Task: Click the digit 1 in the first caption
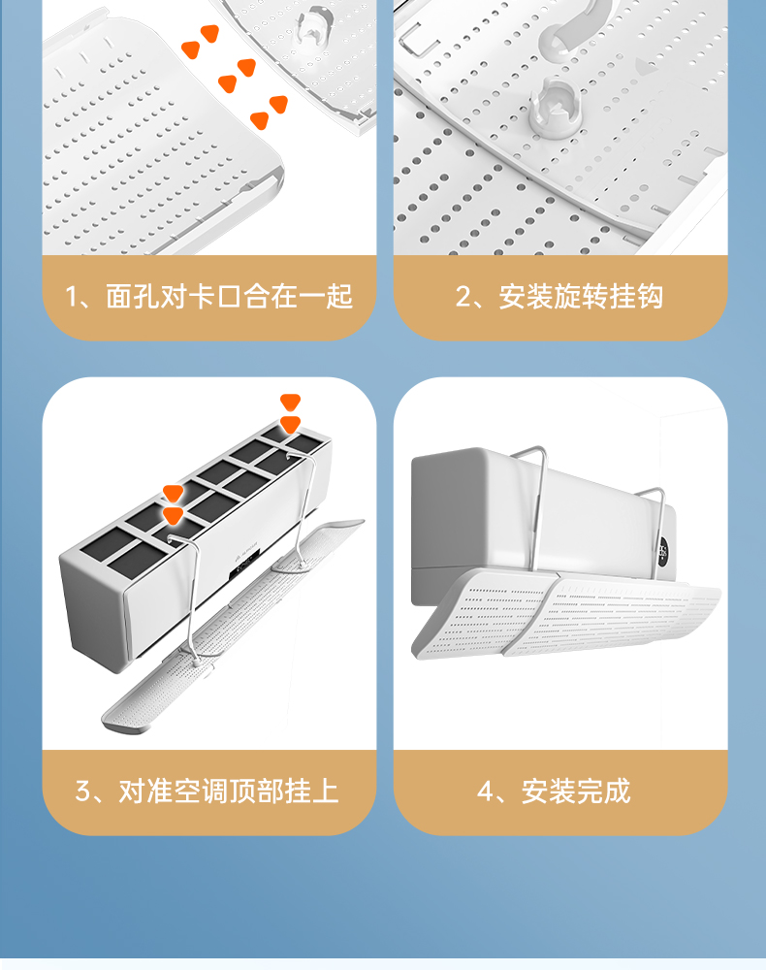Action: pos(71,296)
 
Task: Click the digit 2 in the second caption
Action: pos(463,296)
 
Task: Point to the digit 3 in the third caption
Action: pos(82,791)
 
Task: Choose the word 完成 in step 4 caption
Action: pos(603,791)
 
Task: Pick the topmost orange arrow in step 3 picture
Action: pos(290,403)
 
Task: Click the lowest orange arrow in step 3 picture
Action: pos(174,515)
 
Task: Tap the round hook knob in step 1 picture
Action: pos(313,26)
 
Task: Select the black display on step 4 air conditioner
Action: pos(662,554)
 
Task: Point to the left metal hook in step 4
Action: pos(532,495)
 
